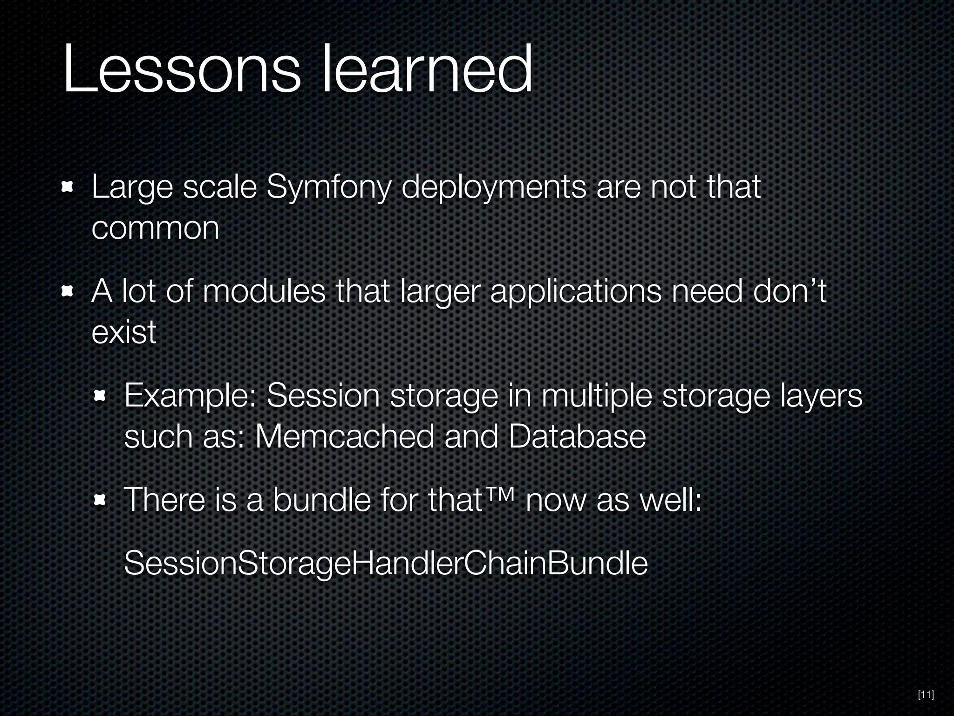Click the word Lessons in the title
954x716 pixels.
pos(182,70)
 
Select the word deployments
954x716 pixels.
pos(494,188)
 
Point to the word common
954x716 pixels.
pos(155,229)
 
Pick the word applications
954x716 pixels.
pos(576,292)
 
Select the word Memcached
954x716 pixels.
pos(344,437)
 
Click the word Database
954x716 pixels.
pos(577,437)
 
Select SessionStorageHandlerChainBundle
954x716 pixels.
pos(386,564)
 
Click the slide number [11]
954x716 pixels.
pos(925,695)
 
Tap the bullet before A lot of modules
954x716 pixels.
pos(68,292)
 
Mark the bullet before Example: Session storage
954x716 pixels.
pos(101,397)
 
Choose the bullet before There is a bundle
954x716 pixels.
pos(101,501)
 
